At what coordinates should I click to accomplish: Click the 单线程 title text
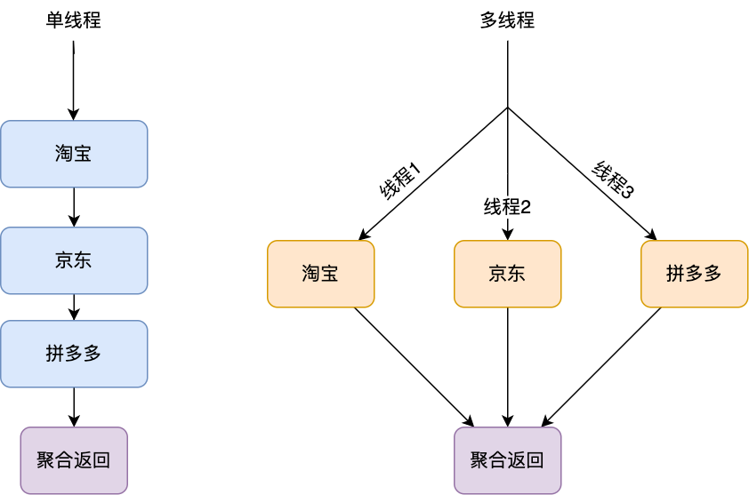73,20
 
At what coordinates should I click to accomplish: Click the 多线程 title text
507,20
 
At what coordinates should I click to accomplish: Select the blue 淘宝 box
74,154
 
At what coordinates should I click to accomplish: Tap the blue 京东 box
74,260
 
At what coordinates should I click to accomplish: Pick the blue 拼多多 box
74,353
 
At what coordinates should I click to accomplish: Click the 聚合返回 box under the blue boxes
74,460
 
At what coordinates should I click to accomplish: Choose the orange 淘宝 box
320,274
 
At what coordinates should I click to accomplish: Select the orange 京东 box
507,274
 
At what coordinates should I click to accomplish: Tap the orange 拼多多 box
694,274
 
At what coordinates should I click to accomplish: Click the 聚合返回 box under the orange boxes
507,460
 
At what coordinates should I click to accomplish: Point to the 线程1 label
400,181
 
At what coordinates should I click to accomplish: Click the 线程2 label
507,208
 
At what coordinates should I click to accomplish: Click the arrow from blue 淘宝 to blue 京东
74,207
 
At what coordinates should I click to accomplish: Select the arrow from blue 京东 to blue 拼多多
74,307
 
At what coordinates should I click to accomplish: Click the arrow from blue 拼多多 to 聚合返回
74,407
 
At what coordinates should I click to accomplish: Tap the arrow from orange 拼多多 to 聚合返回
603,364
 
